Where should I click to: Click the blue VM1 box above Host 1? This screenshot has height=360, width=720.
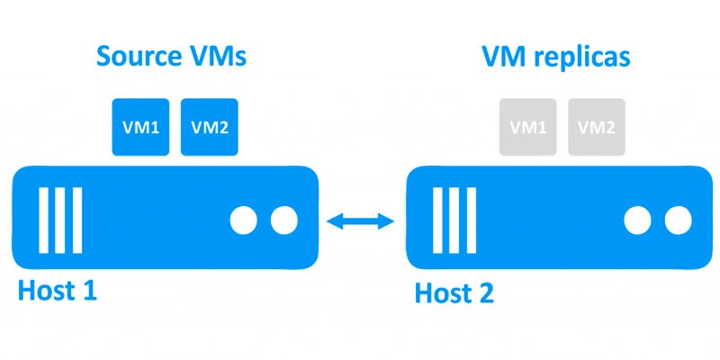coord(140,127)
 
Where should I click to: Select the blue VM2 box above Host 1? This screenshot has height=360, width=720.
coord(210,127)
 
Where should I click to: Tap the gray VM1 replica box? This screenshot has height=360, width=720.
coord(528,127)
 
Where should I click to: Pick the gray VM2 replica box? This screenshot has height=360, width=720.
coord(597,127)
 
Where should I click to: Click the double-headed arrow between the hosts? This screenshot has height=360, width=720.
coord(361,221)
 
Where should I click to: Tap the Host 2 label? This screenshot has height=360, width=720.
coord(454,293)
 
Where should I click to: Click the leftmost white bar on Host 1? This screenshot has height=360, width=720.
coord(43,220)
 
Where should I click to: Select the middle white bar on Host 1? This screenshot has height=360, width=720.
coord(60,220)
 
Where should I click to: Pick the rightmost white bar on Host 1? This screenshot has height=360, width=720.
coord(77,220)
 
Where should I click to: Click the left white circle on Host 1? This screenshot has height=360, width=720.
coord(243,220)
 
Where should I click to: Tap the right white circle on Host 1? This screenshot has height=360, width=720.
coord(284,220)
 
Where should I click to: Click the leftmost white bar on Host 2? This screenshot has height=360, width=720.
coord(437,220)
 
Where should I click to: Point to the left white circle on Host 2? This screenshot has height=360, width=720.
coord(637,220)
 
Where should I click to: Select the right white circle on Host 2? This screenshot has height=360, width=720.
coord(679,220)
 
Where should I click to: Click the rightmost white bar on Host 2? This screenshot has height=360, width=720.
coord(471,220)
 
